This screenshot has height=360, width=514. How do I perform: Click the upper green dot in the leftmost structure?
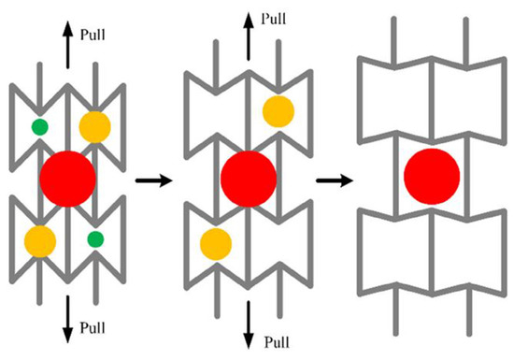coord(39,126)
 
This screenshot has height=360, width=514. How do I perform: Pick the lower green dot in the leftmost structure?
coord(94,239)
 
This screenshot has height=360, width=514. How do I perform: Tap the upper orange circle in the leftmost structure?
coord(94,125)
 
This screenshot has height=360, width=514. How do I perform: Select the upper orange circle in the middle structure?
coord(278,110)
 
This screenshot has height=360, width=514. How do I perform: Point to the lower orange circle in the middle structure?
coord(217,242)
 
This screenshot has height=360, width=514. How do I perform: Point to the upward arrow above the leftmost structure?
coord(67,42)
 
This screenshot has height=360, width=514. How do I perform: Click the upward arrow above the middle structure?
coord(249,22)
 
